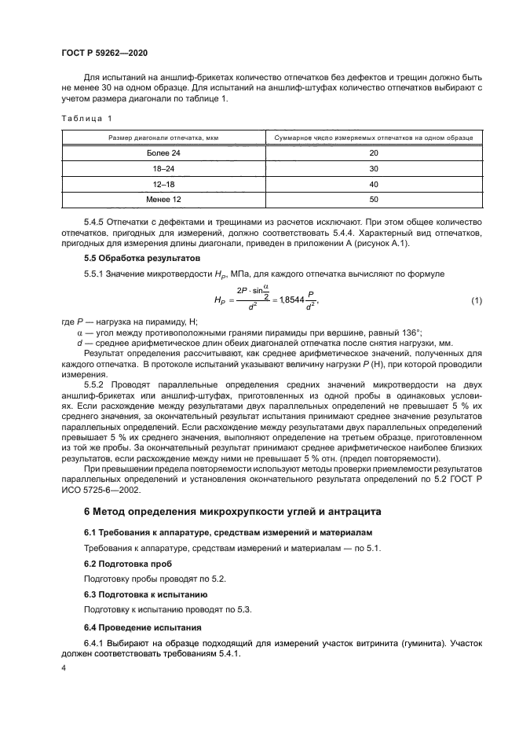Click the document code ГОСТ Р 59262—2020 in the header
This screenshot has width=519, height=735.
[x=104, y=53]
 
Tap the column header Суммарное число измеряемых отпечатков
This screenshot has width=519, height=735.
[x=373, y=138]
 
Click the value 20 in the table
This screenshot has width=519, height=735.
[x=373, y=153]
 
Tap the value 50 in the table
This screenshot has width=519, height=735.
[x=373, y=200]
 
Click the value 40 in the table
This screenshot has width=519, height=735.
[x=373, y=184]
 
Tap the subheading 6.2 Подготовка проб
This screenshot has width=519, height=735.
[x=121, y=564]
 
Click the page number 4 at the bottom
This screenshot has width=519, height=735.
[x=63, y=667]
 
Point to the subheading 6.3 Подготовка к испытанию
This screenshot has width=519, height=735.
[x=134, y=596]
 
